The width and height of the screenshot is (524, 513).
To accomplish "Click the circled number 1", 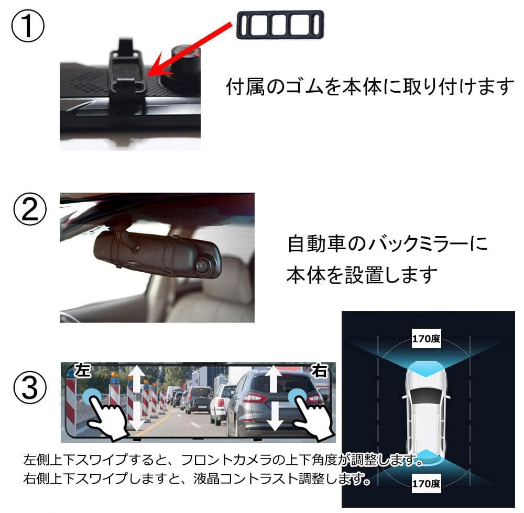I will [28, 27].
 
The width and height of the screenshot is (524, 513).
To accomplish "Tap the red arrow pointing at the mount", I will [189, 49].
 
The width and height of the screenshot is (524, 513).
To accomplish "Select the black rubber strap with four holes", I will [280, 24].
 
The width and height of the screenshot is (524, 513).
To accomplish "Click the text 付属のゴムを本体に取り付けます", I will [370, 86].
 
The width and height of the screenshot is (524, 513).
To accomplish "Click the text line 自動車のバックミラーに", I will [388, 243].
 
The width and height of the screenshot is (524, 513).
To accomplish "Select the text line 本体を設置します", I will [362, 274].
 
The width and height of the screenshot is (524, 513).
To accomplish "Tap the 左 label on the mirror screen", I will [83, 371].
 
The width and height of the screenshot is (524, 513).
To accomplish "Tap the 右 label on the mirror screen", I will [319, 371].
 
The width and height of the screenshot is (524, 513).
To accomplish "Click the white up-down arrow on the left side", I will [136, 398].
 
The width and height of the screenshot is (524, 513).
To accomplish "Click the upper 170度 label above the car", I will [425, 339].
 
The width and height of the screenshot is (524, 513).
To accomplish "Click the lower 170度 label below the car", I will [425, 482].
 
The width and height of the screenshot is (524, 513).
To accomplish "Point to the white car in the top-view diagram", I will [426, 409].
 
